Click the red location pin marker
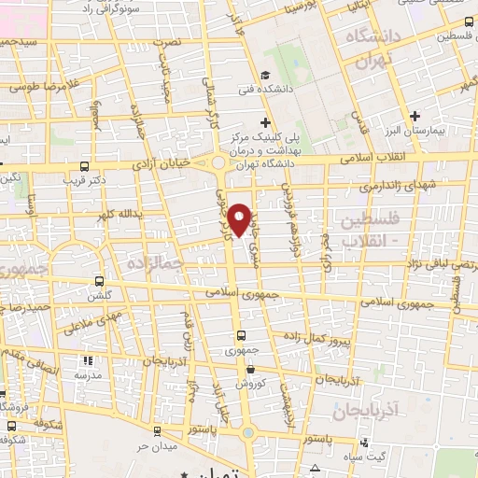click(x=242, y=218)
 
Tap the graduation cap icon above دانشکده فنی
click(x=266, y=76)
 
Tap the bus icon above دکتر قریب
click(x=85, y=167)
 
